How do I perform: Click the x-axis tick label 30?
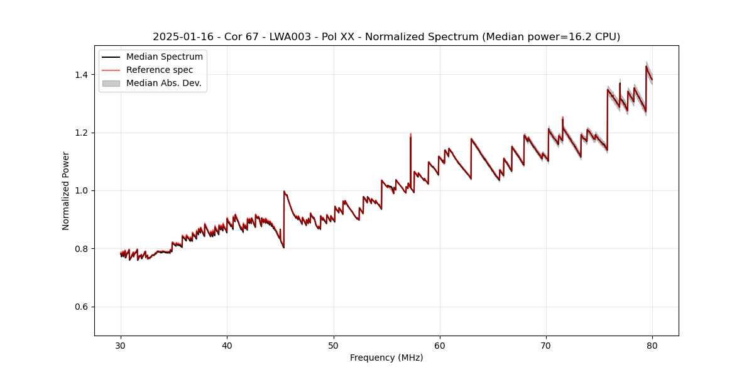click(121, 346)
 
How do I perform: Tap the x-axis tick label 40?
click(227, 346)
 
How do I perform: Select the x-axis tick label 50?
click(334, 346)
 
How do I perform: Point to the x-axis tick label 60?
click(440, 346)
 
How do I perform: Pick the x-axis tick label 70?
click(546, 346)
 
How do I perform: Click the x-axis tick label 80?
click(652, 346)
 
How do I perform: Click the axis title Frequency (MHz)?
click(386, 358)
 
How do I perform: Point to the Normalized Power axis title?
click(66, 190)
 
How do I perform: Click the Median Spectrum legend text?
click(164, 57)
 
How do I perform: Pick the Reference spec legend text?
click(160, 70)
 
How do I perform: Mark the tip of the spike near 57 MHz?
click(410, 134)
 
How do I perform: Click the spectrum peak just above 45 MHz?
click(284, 191)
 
